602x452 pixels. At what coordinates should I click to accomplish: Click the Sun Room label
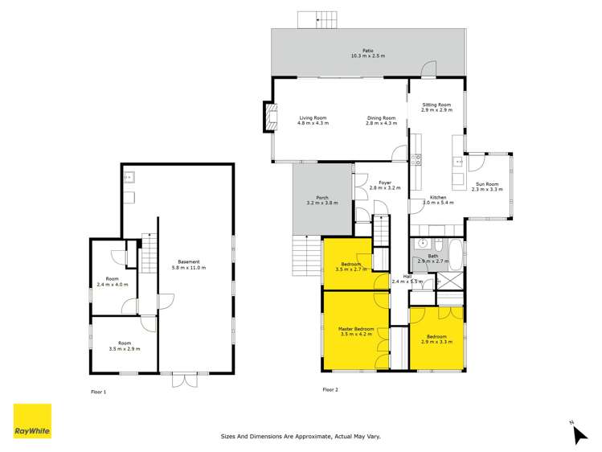pyautogui.click(x=486, y=186)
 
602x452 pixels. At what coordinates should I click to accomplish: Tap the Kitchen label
pyautogui.click(x=437, y=199)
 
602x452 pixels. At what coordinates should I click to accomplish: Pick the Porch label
pyautogui.click(x=321, y=200)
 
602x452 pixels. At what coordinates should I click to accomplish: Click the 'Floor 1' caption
pyautogui.click(x=98, y=391)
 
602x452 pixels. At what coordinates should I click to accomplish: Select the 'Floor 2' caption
pyautogui.click(x=330, y=389)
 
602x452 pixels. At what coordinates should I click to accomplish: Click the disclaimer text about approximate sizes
pyautogui.click(x=301, y=437)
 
